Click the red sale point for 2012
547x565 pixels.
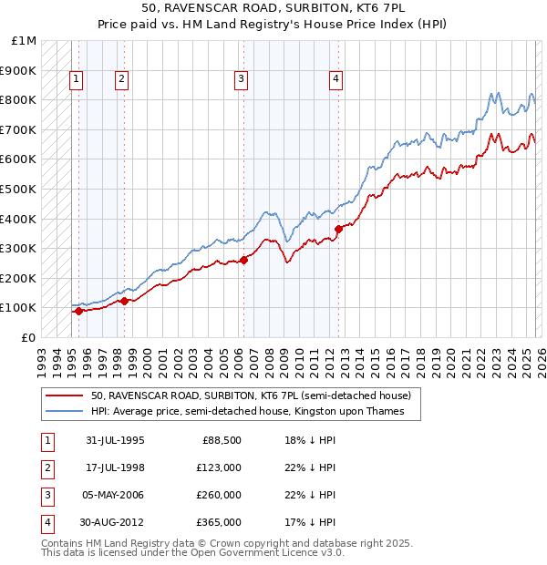click(x=338, y=229)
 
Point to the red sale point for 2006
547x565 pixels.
click(x=243, y=261)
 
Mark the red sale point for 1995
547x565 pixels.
click(x=79, y=311)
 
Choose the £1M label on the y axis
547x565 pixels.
click(x=25, y=41)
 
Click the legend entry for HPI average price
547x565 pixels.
click(x=254, y=412)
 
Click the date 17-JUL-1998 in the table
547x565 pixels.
click(x=115, y=467)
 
